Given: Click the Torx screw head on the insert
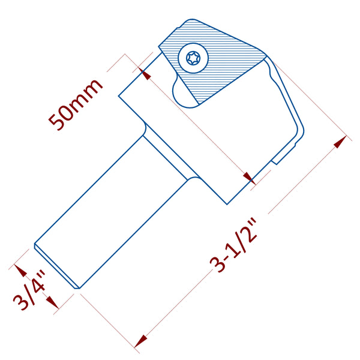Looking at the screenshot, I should coord(193,58).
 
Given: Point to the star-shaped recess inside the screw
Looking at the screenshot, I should coord(193,58).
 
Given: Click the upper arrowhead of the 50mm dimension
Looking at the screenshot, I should coord(145,73).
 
